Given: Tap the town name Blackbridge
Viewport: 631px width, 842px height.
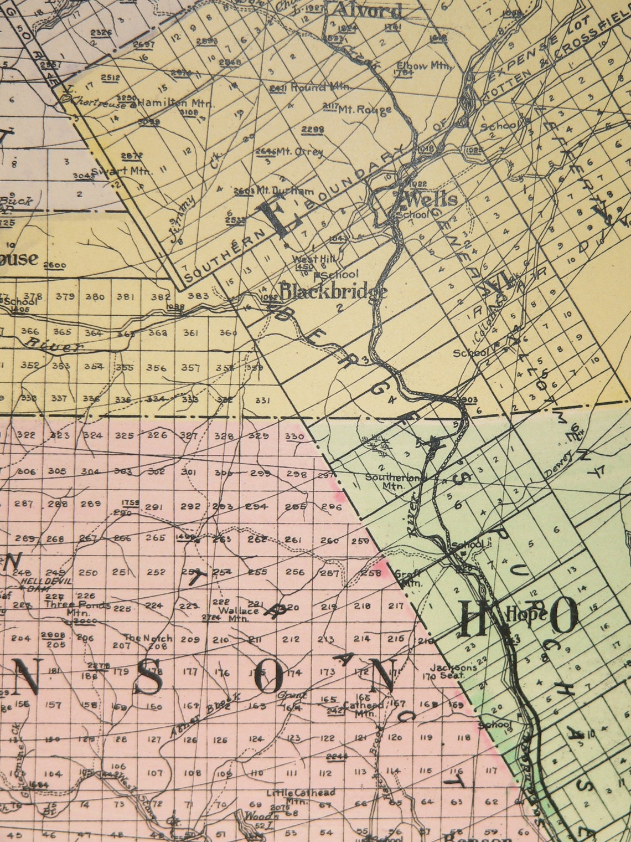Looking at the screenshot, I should [333, 292].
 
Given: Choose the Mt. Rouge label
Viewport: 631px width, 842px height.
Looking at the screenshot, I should [365, 109].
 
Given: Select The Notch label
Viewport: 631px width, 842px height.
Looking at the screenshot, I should [148, 638].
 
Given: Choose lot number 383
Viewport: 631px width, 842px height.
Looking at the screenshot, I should [198, 296].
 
